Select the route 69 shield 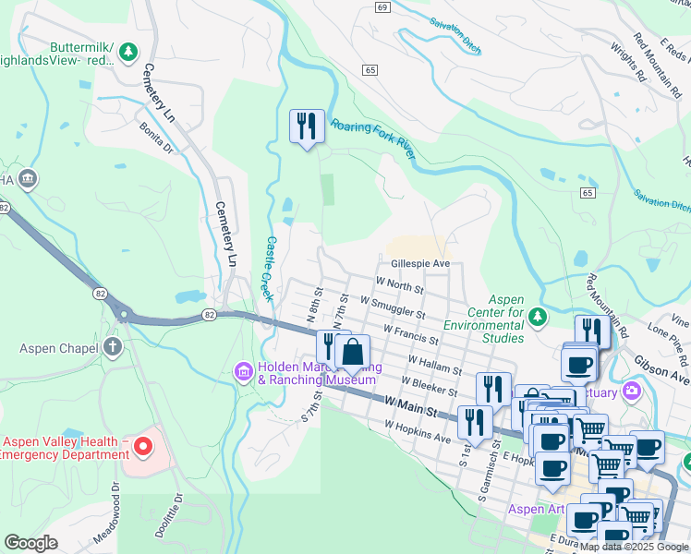pyautogui.click(x=382, y=6)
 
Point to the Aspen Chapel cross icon pyautogui.click(x=113, y=347)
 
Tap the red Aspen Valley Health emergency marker pyautogui.click(x=142, y=448)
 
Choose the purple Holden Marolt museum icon pyautogui.click(x=243, y=371)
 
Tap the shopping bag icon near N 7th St pyautogui.click(x=352, y=352)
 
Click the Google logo pyautogui.click(x=30, y=543)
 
